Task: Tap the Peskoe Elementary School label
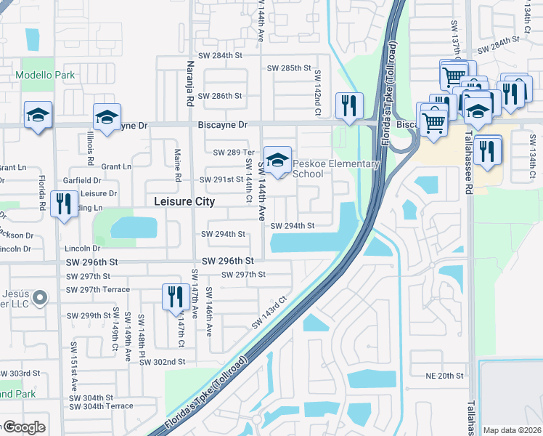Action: tap(335, 169)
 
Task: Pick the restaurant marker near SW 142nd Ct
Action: tap(349, 105)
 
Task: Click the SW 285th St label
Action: tap(290, 68)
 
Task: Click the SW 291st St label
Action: tap(221, 179)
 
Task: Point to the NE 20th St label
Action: tap(445, 376)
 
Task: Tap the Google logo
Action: tap(24, 427)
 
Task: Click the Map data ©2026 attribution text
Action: tap(513, 430)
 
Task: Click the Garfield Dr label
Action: tap(81, 180)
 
